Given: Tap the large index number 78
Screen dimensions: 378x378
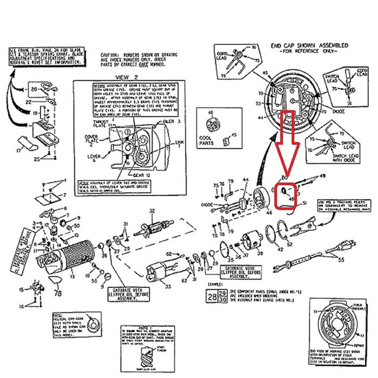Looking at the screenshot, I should (59, 293).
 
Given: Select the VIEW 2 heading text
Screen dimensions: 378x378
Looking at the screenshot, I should (125, 77).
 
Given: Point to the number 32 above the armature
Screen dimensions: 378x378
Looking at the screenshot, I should (152, 211).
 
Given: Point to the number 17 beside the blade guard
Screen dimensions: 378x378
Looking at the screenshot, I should (19, 151).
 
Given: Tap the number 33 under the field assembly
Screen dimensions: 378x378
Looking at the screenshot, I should (167, 286).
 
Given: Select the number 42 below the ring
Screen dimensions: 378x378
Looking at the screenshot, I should (280, 249).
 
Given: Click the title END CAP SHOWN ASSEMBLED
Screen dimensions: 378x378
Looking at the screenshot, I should (309, 46).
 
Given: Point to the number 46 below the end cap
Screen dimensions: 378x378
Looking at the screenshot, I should (269, 213).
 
